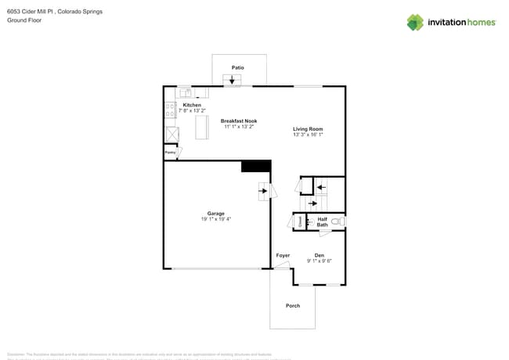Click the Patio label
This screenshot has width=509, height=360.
(237, 67)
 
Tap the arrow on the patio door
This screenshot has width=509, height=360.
(232, 80)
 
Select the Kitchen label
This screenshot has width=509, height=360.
(192, 105)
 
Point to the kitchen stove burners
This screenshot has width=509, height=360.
(169, 110)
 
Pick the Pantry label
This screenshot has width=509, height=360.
(170, 153)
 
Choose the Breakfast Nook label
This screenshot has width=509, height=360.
(239, 121)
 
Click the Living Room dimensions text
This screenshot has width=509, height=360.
(308, 135)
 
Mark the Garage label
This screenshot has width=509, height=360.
(216, 213)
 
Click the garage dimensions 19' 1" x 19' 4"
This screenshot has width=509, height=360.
(216, 219)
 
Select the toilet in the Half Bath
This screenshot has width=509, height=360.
(336, 223)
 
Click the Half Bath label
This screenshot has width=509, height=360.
(322, 221)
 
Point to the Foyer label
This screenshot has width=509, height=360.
(283, 255)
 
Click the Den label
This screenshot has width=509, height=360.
(319, 255)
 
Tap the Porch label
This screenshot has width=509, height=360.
(293, 305)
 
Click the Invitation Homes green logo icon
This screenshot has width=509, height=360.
(415, 22)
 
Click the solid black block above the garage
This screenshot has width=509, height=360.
(255, 166)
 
